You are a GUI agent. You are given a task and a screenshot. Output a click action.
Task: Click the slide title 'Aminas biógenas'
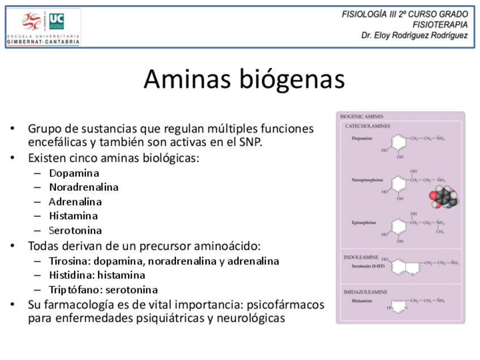click(244, 80)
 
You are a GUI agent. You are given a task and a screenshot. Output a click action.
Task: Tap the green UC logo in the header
click(57, 22)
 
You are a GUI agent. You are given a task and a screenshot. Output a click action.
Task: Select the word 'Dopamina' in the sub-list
click(74, 173)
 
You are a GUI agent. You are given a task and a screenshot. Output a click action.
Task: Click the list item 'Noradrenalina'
click(84, 187)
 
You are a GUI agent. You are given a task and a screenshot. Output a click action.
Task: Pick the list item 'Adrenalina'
click(75, 202)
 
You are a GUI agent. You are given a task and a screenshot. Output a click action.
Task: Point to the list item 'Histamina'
click(73, 216)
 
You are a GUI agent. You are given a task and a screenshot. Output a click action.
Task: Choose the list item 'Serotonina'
click(75, 230)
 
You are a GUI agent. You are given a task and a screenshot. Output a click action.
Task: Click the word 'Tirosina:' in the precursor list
click(70, 261)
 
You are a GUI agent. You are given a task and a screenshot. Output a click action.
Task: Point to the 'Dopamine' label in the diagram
click(362, 139)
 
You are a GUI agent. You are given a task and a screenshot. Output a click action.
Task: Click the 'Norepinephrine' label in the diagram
click(367, 180)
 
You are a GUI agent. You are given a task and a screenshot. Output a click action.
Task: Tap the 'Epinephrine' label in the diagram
click(363, 222)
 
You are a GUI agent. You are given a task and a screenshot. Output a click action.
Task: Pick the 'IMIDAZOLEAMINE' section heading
click(365, 292)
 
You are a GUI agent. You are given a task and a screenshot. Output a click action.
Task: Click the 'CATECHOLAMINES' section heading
click(367, 126)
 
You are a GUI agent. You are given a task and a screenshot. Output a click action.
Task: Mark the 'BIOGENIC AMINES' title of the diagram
click(362, 117)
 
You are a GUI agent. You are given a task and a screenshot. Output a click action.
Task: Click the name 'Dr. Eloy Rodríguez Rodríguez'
click(414, 35)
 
